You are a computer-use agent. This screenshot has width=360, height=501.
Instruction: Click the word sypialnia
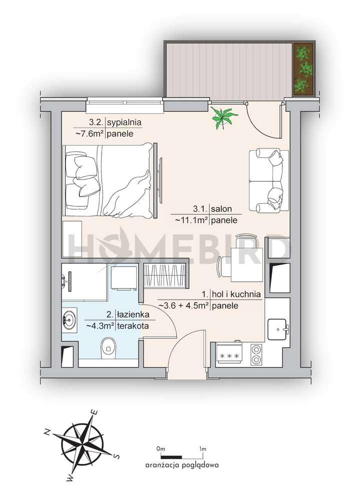point(124,122)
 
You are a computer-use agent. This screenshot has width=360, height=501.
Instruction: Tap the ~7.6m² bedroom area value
point(90,134)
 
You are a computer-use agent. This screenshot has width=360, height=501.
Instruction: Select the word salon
point(221,209)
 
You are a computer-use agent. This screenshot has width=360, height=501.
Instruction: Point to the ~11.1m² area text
point(192,220)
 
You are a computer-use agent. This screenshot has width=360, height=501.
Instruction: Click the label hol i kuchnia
point(236,294)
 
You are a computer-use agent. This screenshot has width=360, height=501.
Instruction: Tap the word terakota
point(133,326)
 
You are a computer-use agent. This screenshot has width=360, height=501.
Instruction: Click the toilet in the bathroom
point(109,348)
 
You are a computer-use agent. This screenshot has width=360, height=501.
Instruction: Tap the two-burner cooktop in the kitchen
point(256,355)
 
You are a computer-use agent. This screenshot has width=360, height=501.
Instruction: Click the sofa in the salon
point(269,180)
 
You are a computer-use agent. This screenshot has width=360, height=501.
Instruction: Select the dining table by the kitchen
point(247,265)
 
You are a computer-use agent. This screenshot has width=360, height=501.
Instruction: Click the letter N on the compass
point(47,432)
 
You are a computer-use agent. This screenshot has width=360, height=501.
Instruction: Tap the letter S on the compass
point(117,456)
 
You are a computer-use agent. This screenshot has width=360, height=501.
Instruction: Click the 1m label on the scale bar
point(202,449)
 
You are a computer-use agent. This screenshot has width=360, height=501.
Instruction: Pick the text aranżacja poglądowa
point(182,465)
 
